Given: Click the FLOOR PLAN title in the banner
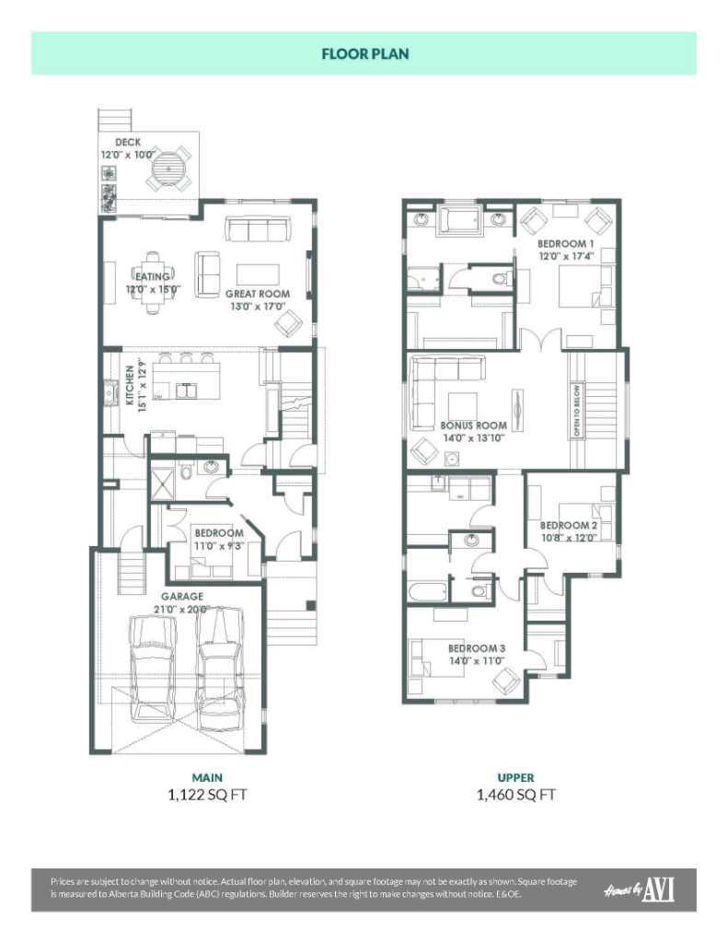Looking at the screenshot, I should [364, 53].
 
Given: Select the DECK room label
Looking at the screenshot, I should [128, 142].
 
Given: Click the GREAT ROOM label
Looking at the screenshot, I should [258, 294].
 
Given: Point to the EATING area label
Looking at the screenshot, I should [153, 276].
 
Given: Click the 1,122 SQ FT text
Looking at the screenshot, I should [207, 795].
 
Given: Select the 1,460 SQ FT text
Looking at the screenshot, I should [515, 795].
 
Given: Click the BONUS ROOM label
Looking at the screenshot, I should [473, 425].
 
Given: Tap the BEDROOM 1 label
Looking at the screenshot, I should [566, 243].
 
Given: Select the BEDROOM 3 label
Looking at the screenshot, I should [477, 647].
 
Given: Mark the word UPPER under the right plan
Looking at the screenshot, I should [516, 777].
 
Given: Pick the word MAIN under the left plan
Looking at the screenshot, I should [207, 777].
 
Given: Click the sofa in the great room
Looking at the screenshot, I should [259, 229].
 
